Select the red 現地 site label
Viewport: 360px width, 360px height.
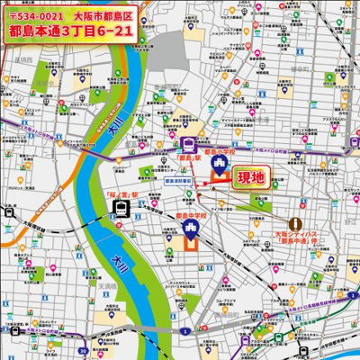coord(250,178)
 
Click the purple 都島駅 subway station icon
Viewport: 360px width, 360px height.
coord(189,143)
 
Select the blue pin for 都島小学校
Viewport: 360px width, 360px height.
coord(220,163)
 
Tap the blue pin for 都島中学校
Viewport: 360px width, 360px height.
coord(191,228)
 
